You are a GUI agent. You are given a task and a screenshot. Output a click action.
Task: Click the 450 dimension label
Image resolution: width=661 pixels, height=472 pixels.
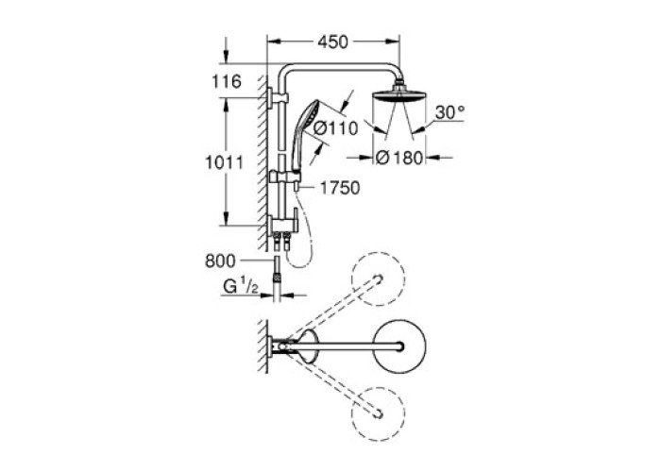(x=333, y=42)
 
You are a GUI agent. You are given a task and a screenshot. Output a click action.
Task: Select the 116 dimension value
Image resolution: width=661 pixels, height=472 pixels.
(x=227, y=81)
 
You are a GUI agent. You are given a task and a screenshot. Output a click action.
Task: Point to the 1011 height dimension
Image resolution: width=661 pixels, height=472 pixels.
(x=224, y=162)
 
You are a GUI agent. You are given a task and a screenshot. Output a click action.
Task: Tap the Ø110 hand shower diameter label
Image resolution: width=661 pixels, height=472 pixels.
(x=335, y=128)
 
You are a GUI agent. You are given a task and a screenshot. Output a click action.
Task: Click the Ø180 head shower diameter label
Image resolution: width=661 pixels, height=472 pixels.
(x=398, y=158)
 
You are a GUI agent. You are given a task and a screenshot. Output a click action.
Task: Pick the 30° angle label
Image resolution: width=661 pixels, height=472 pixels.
(x=449, y=112)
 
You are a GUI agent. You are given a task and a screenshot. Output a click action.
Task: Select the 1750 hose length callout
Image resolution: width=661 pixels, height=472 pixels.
(x=340, y=188)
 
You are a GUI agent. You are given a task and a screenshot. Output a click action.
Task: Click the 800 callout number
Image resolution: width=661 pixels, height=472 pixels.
(x=220, y=261)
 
